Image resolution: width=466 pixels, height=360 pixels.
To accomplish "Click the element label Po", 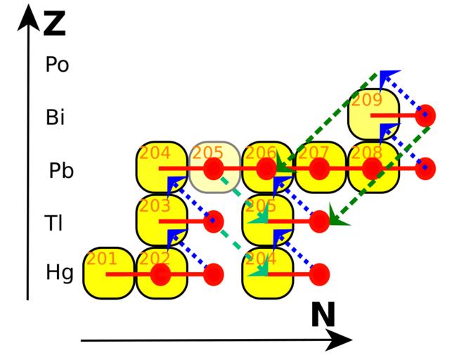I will [x=57, y=65].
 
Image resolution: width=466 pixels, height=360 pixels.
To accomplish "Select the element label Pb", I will [x=61, y=171].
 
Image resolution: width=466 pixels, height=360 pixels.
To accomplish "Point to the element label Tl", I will [x=54, y=223].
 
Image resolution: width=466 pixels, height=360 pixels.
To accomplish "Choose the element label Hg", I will [x=59, y=273].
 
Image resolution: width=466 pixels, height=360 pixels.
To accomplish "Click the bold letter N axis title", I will [x=323, y=316].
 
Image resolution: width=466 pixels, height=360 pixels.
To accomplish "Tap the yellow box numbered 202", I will [x=162, y=273].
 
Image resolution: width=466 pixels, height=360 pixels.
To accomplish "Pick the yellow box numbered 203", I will [x=162, y=220].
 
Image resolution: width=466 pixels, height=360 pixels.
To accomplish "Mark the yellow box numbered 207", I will [x=321, y=168].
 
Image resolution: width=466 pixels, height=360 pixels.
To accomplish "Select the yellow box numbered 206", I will [x=268, y=168].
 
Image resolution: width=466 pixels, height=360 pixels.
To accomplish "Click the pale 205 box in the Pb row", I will [x=214, y=168].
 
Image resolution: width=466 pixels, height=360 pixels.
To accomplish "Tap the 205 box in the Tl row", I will [x=268, y=220].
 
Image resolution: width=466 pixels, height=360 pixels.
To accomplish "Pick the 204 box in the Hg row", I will [x=268, y=273].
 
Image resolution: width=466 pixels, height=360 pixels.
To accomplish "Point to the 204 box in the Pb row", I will [x=162, y=168].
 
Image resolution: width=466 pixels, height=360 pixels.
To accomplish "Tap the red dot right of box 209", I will [x=426, y=115].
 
